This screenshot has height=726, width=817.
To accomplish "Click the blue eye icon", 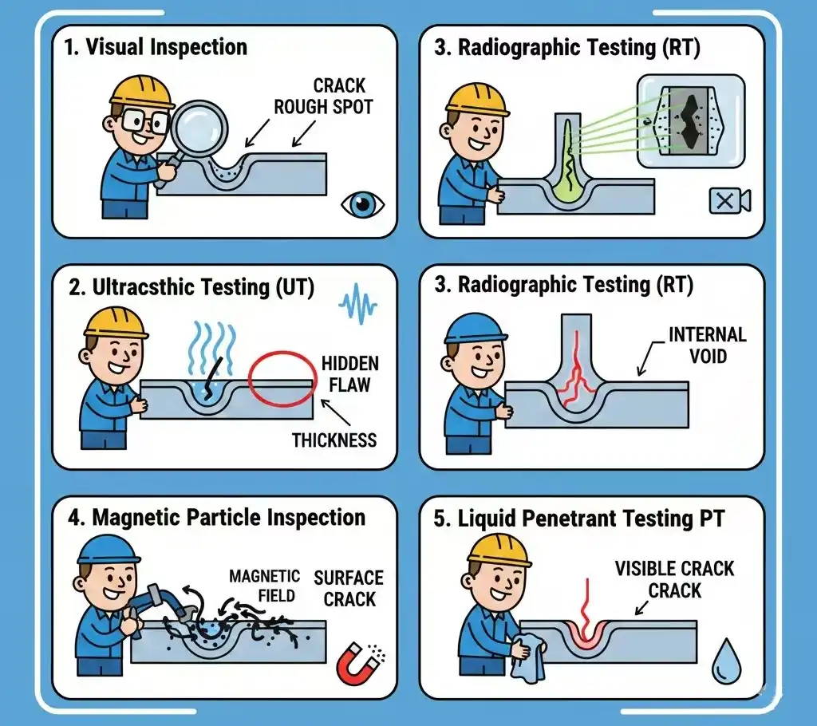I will pyautogui.click(x=363, y=204).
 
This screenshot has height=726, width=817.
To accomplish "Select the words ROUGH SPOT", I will pyautogui.click(x=323, y=106).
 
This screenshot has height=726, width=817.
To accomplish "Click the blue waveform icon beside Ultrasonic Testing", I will pyautogui.click(x=356, y=305).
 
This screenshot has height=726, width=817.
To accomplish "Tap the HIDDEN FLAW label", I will pyautogui.click(x=350, y=374).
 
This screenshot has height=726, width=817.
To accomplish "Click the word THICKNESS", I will pyautogui.click(x=334, y=440).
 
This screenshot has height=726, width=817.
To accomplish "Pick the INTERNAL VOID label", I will pyautogui.click(x=708, y=344).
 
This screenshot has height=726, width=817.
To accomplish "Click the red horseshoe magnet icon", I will pyautogui.click(x=357, y=663).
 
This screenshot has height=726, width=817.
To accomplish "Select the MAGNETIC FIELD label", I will pyautogui.click(x=264, y=586).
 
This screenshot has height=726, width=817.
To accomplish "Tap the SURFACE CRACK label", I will pyautogui.click(x=348, y=587).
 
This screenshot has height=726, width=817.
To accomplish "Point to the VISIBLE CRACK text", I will pyautogui.click(x=674, y=569).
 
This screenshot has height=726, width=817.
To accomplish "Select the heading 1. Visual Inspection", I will pyautogui.click(x=156, y=46).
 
